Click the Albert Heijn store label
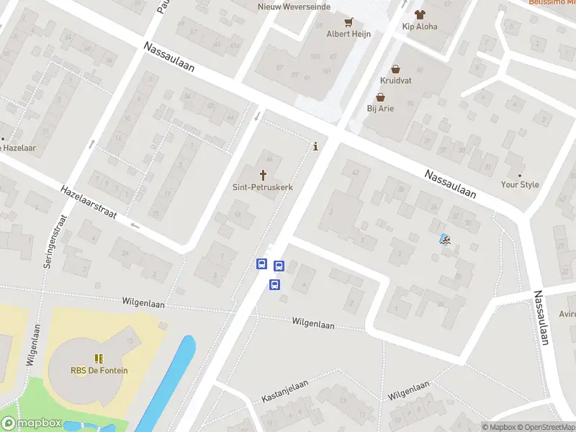click(329, 34)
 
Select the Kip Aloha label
click(420, 27)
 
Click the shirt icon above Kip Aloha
click(420, 14)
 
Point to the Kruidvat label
click(396, 81)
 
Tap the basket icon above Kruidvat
click(395, 69)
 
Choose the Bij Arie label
click(380, 109)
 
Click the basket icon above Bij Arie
click(380, 97)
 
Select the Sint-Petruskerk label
click(263, 187)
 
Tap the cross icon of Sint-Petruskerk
click(263, 175)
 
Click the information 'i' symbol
click(316, 146)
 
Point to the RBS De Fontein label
click(99, 371)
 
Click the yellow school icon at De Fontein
click(99, 359)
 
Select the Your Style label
click(520, 185)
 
